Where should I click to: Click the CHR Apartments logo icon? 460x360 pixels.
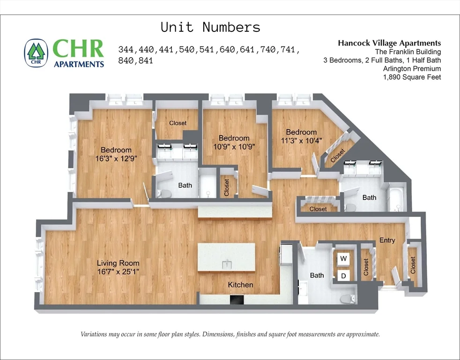[36, 52]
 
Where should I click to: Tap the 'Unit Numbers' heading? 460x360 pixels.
[210, 27]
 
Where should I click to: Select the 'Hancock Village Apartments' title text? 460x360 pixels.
[389, 43]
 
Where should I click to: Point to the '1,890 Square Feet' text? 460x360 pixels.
[412, 77]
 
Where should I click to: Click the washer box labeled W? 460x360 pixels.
[343, 259]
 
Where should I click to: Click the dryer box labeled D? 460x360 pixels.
[343, 276]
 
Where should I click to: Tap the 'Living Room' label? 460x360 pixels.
[118, 263]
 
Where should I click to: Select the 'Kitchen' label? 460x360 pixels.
[240, 285]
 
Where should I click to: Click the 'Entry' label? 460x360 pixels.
[387, 240]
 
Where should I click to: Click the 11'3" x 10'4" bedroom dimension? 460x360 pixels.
[301, 141]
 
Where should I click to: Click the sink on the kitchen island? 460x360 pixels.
[227, 263]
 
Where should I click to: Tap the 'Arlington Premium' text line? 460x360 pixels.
[412, 69]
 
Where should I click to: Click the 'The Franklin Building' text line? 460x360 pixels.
[408, 52]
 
